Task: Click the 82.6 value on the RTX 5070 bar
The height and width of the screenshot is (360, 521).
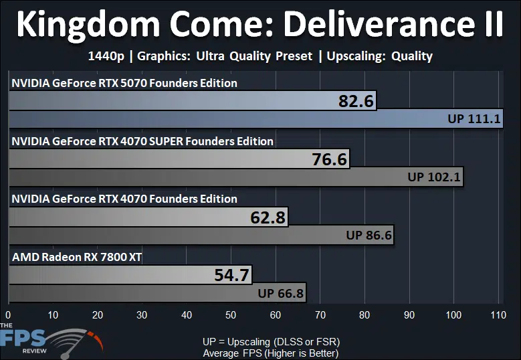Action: [x=356, y=101]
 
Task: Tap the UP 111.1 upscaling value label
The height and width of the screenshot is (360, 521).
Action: [x=474, y=118]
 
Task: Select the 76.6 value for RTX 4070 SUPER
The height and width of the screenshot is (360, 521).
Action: [x=329, y=159]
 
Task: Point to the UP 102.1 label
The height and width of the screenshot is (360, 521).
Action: [x=434, y=177]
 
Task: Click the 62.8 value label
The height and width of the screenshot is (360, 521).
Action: [x=268, y=217]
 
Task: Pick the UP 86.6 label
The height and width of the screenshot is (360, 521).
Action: [x=369, y=235]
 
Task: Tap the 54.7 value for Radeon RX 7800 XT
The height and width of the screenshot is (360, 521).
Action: [x=231, y=275]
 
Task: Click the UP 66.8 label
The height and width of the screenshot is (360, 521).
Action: [x=280, y=293]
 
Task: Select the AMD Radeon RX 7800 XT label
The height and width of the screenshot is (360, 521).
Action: [x=77, y=257]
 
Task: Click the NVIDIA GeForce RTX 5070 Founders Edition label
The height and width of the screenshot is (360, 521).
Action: [x=124, y=83]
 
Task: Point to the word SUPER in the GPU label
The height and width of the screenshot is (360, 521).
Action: [x=166, y=141]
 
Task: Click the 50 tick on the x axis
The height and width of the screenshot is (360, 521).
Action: [x=231, y=314]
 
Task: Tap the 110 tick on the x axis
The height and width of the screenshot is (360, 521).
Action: [x=498, y=314]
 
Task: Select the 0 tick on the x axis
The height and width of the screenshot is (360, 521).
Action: [x=8, y=314]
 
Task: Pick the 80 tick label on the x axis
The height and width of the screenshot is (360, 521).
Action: [x=364, y=314]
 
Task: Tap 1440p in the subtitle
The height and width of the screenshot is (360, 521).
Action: [x=106, y=56]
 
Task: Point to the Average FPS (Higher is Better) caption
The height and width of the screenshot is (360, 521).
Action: [x=271, y=353]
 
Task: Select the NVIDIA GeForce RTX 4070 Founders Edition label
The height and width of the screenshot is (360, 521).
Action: [x=124, y=199]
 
